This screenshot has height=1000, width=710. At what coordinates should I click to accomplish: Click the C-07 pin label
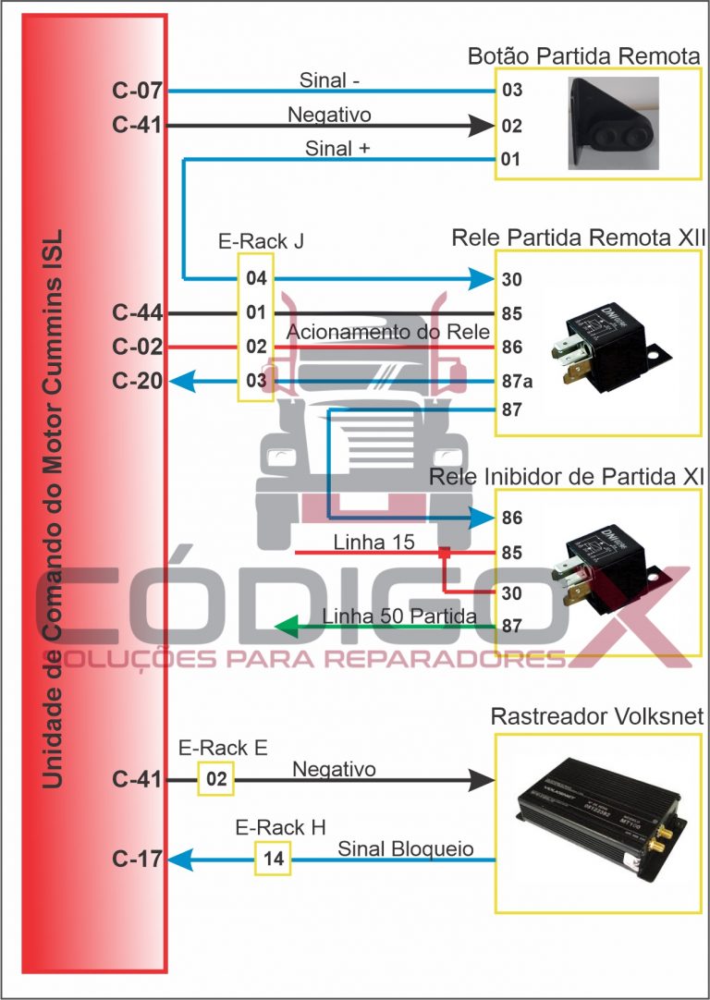pos(137,91)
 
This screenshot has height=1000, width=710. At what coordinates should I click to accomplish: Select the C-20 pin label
pos(137,381)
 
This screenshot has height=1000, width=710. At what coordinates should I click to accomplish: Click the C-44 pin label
pos(137,313)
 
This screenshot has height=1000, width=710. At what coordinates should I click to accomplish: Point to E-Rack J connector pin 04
pos(256,278)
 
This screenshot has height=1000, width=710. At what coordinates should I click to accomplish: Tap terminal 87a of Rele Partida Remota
pos(513,381)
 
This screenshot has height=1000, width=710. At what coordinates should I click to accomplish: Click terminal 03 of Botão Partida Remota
pos(511,91)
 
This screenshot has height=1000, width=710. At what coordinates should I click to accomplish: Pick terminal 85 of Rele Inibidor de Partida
pos(511,555)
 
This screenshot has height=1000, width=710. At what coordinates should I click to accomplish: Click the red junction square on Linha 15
pos(444,554)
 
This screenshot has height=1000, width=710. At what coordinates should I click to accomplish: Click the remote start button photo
pos(611,122)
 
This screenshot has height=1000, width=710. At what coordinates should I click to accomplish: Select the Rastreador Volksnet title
pos(597,716)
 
